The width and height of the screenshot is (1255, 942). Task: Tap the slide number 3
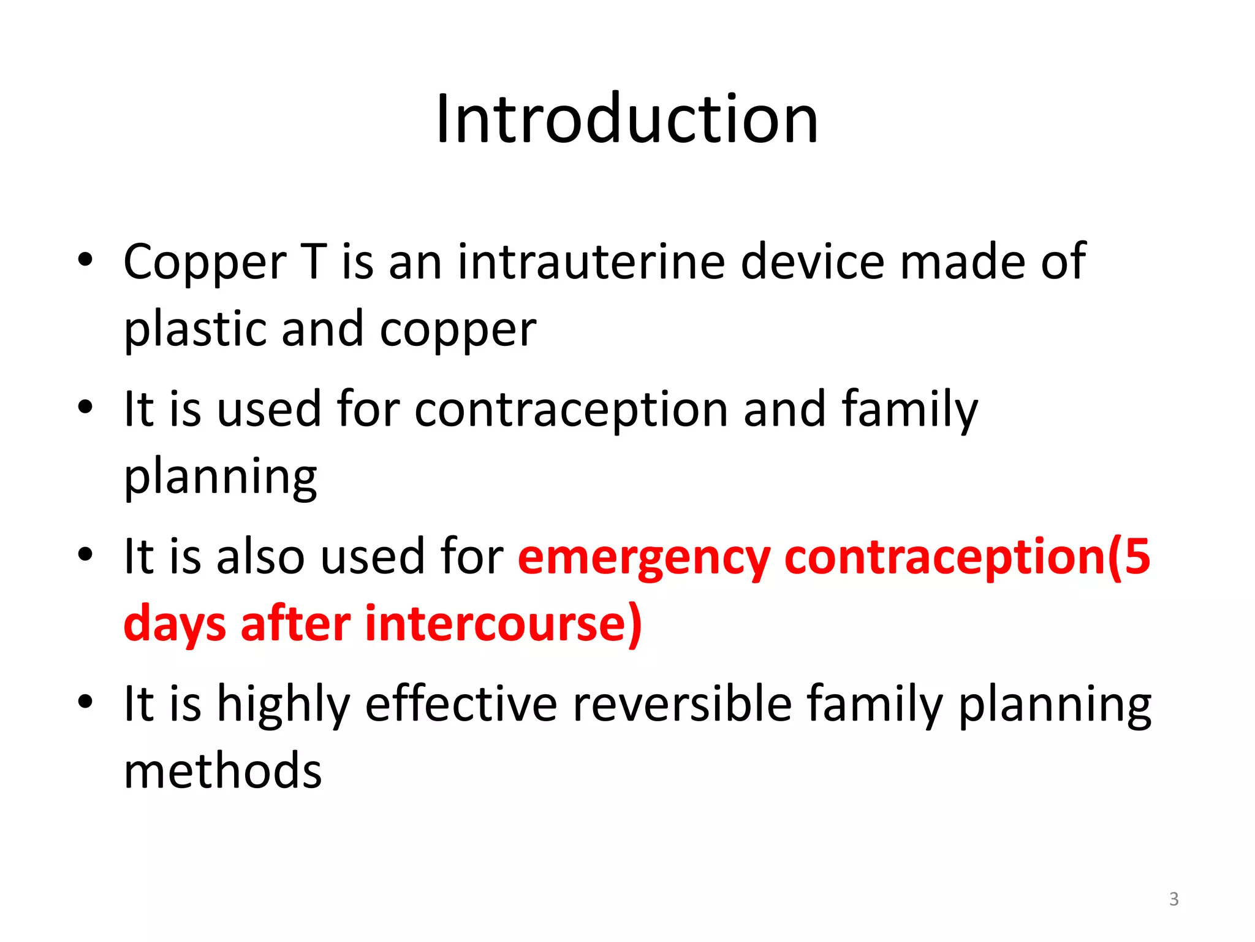pyautogui.click(x=1173, y=899)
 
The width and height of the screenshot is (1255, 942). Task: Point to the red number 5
pyautogui.click(x=1137, y=556)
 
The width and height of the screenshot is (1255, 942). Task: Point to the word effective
pyautogui.click(x=461, y=703)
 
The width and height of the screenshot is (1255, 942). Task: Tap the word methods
pyautogui.click(x=222, y=771)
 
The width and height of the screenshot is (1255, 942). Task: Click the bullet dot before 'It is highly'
pyautogui.click(x=86, y=700)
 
